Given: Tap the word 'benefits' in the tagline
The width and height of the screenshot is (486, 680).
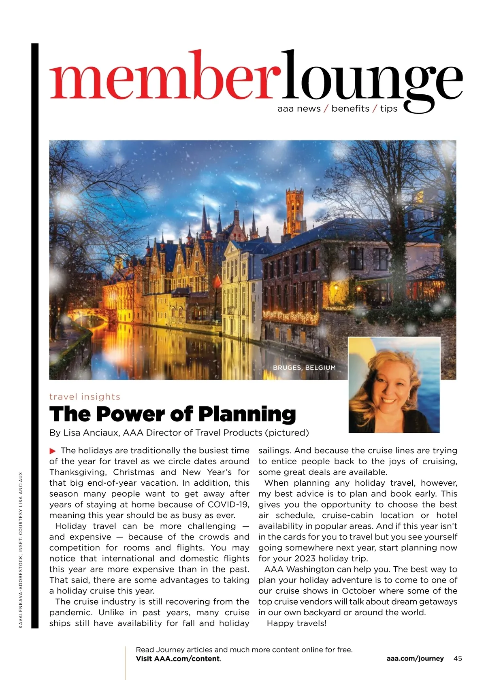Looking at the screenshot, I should click(350, 108).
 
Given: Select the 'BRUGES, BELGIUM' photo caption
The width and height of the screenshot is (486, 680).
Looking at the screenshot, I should click(304, 368).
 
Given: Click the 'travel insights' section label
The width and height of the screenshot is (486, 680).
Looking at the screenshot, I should click(85, 397).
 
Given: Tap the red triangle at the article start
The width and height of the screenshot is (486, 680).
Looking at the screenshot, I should click(52, 451).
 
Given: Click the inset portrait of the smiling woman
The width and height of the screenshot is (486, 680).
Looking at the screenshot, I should click(394, 385).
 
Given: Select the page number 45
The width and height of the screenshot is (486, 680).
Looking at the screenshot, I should click(458, 659).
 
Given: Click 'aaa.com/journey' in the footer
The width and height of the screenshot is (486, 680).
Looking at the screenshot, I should click(415, 659).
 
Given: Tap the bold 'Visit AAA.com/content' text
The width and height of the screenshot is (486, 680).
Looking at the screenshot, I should click(178, 659).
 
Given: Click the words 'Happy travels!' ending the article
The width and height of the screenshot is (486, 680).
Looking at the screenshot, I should click(296, 623).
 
